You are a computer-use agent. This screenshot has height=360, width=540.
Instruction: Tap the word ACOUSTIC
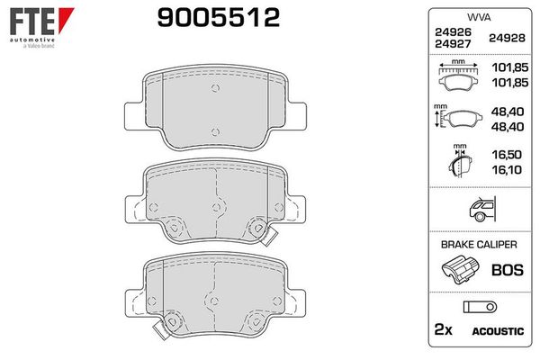pyautogui.click(x=497, y=332)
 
